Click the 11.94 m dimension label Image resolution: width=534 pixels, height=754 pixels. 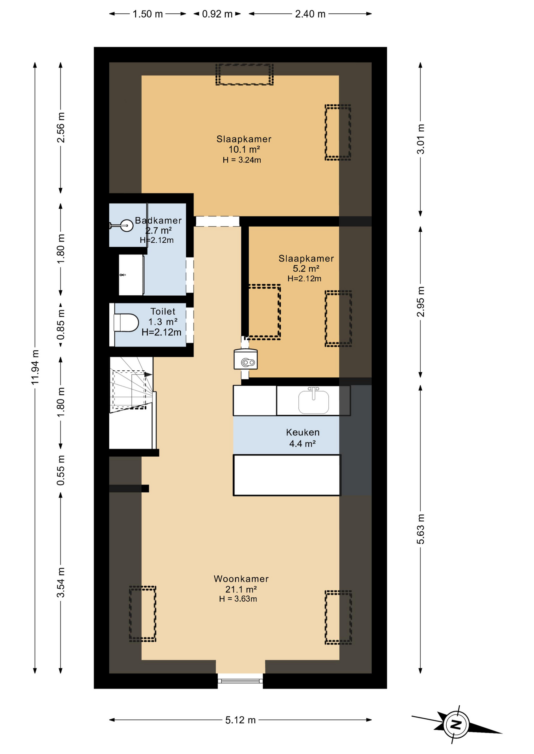click(x=35, y=367)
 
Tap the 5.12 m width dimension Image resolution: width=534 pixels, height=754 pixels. click(x=240, y=720)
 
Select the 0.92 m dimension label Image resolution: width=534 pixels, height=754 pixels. click(x=217, y=14)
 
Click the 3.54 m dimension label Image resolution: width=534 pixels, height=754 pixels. click(x=61, y=582)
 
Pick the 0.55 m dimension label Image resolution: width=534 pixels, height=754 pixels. click(x=61, y=470)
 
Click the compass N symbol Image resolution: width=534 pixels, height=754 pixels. click(x=456, y=725)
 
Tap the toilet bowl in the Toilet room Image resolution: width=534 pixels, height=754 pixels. click(x=126, y=323)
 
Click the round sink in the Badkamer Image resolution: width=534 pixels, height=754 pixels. click(x=126, y=225)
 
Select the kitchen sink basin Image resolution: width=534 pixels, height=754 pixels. click(x=313, y=402)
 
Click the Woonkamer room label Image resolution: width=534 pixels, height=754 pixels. click(x=241, y=578)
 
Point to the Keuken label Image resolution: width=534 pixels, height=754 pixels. click(x=303, y=432)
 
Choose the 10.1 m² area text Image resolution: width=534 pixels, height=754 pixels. click(x=244, y=149)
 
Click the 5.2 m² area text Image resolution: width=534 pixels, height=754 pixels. click(x=306, y=269)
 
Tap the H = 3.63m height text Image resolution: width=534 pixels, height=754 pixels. click(x=238, y=599)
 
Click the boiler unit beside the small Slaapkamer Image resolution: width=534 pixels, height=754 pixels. click(x=246, y=359)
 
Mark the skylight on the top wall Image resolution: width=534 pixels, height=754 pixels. click(x=244, y=74)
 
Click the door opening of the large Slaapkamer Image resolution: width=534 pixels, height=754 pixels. click(x=217, y=221)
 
